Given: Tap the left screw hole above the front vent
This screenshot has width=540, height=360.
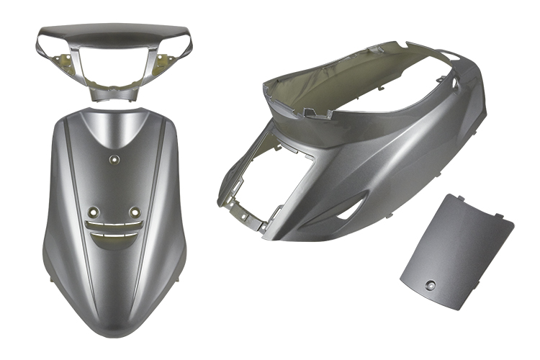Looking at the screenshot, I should point(92,212).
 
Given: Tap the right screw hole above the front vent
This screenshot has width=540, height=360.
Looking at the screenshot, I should point(134,212).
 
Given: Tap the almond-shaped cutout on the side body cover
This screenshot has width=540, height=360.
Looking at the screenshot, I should point(351,209).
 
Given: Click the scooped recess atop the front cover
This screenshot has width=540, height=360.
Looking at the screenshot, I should point(114,130).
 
